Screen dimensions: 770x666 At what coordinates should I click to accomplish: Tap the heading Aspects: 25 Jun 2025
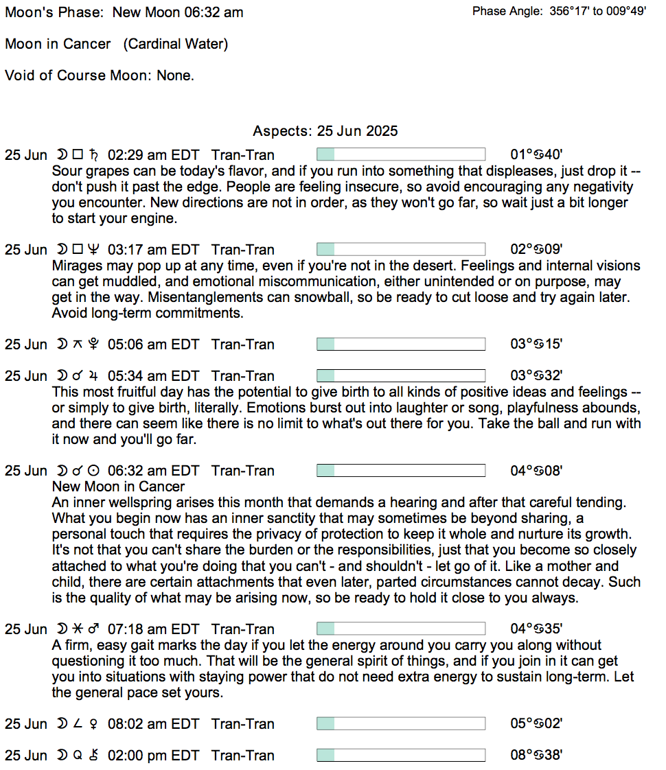click(x=325, y=131)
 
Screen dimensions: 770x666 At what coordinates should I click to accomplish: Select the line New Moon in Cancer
click(x=118, y=487)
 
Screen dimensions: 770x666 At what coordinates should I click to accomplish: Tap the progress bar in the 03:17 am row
click(x=400, y=250)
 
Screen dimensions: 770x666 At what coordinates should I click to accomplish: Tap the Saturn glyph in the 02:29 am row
click(x=93, y=155)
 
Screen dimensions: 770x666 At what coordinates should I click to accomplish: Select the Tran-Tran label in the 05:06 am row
click(x=242, y=345)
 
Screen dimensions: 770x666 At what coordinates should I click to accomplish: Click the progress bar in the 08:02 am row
click(x=400, y=724)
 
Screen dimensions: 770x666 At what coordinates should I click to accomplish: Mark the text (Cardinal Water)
click(x=176, y=44)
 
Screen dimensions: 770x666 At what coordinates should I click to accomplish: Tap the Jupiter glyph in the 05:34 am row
click(x=93, y=376)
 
